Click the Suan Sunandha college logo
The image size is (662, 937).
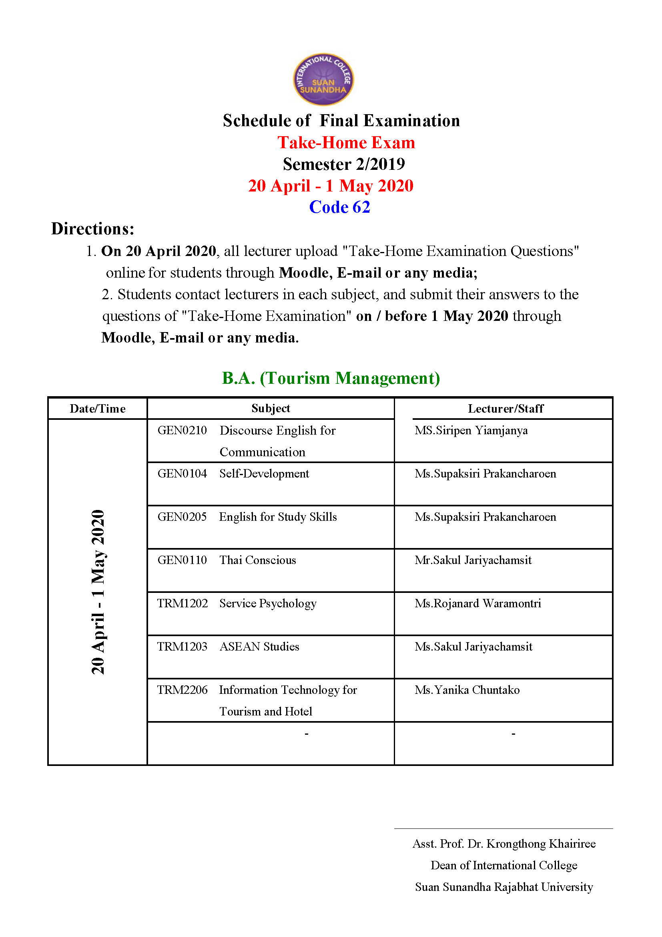[x=323, y=79]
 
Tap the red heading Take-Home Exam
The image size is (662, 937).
[x=346, y=143]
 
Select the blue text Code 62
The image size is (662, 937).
[x=339, y=208]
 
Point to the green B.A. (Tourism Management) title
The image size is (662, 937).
[x=331, y=378]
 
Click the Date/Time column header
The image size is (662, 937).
[x=97, y=409]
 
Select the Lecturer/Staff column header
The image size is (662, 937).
[x=505, y=409]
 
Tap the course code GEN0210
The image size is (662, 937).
[x=182, y=430]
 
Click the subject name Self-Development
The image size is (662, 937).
[x=264, y=474]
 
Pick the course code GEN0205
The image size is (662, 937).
[x=182, y=517]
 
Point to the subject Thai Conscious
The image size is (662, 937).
[x=258, y=560]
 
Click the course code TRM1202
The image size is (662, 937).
[x=182, y=603]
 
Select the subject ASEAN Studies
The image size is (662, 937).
[x=259, y=647]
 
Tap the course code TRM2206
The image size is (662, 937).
[x=182, y=690]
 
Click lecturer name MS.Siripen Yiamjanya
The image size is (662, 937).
[x=471, y=430]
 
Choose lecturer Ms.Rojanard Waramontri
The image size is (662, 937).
[x=478, y=603]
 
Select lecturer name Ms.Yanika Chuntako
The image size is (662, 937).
[x=467, y=690]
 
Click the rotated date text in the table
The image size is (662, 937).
[x=98, y=592]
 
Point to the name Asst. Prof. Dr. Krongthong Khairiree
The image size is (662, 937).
[x=504, y=844]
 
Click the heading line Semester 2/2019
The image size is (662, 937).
[x=344, y=165]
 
